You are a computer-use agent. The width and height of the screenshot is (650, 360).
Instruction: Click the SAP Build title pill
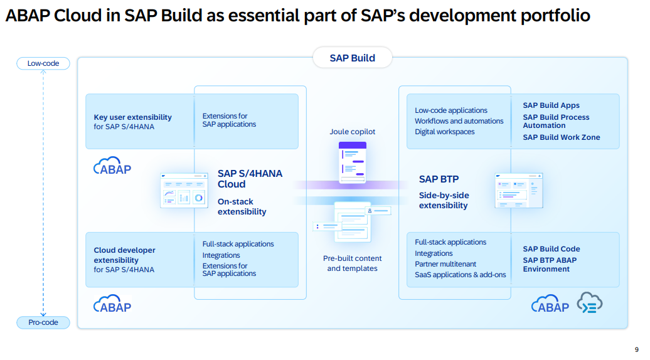[352, 58]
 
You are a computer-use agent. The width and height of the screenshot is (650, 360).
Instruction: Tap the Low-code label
[43, 63]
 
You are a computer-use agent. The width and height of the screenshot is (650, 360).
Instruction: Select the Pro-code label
[43, 322]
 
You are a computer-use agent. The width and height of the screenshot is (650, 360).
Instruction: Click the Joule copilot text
[352, 132]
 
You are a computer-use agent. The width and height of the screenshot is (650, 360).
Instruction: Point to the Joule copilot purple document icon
[352, 162]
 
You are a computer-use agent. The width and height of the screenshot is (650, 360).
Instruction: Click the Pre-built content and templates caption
[352, 263]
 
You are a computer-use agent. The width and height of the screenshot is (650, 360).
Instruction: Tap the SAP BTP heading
[439, 179]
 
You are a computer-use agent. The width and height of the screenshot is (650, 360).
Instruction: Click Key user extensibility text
[132, 117]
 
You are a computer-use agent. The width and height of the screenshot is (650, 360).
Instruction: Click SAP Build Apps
[551, 105]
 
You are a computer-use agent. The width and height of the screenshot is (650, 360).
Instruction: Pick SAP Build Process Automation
[556, 121]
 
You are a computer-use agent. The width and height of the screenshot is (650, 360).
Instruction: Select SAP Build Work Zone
[561, 137]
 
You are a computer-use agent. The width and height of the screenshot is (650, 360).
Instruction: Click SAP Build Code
[551, 249]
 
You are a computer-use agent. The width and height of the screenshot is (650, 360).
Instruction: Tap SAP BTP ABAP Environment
[550, 265]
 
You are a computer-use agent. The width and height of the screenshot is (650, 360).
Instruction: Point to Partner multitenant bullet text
[445, 264]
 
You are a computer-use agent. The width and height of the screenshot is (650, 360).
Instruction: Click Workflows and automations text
[459, 121]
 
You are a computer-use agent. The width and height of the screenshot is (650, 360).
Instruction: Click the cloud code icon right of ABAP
[589, 303]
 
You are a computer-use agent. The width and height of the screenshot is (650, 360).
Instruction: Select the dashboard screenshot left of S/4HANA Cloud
[183, 191]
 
